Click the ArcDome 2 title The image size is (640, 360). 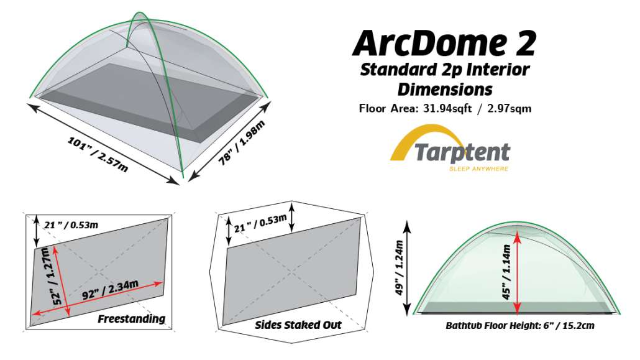[x=444, y=43]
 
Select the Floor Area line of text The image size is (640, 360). [x=444, y=108]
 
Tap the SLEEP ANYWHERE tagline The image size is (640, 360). [x=478, y=168]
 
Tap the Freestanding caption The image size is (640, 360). [x=131, y=319]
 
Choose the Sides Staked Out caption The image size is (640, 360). [x=298, y=325]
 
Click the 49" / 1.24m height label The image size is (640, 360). [x=399, y=267]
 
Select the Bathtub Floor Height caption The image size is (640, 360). [x=519, y=326]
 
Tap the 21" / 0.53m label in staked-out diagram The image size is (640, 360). [x=259, y=219]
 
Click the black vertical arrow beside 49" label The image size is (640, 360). [x=409, y=267]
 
